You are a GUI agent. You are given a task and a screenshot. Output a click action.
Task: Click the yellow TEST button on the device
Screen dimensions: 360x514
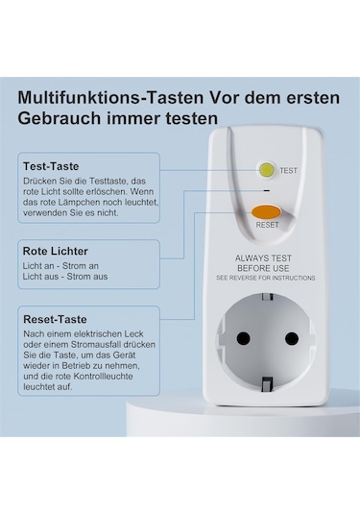pyautogui.click(x=266, y=170)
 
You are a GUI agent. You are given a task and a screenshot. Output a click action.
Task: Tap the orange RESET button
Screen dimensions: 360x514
pyautogui.click(x=266, y=212)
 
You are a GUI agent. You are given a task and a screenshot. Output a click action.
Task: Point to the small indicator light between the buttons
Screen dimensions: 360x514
pyautogui.click(x=267, y=190)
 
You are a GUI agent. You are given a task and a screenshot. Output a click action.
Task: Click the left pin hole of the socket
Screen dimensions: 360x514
pyautogui.click(x=244, y=337)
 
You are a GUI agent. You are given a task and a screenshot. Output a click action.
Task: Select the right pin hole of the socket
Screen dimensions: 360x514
pyautogui.click(x=292, y=338)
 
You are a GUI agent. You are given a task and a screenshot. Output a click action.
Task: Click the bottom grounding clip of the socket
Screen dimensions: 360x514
pyautogui.click(x=268, y=384)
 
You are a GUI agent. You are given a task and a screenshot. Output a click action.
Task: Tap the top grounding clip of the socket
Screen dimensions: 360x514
pyautogui.click(x=268, y=297)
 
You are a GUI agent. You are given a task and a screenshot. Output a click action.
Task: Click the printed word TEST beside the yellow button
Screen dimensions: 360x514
pyautogui.click(x=288, y=170)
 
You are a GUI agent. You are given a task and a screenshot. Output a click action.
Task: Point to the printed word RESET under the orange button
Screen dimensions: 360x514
pyautogui.click(x=267, y=225)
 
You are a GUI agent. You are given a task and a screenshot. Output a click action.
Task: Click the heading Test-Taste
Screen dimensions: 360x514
pyautogui.click(x=51, y=166)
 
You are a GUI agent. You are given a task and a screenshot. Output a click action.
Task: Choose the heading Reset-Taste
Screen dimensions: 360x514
pyautogui.click(x=55, y=319)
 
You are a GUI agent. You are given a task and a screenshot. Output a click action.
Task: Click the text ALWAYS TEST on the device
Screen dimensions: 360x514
pyautogui.click(x=263, y=258)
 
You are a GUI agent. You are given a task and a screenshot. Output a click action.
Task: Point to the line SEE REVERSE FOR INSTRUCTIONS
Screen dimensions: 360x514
pyautogui.click(x=266, y=278)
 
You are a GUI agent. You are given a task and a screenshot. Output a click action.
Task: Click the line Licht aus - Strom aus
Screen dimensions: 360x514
pyautogui.click(x=65, y=277)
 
